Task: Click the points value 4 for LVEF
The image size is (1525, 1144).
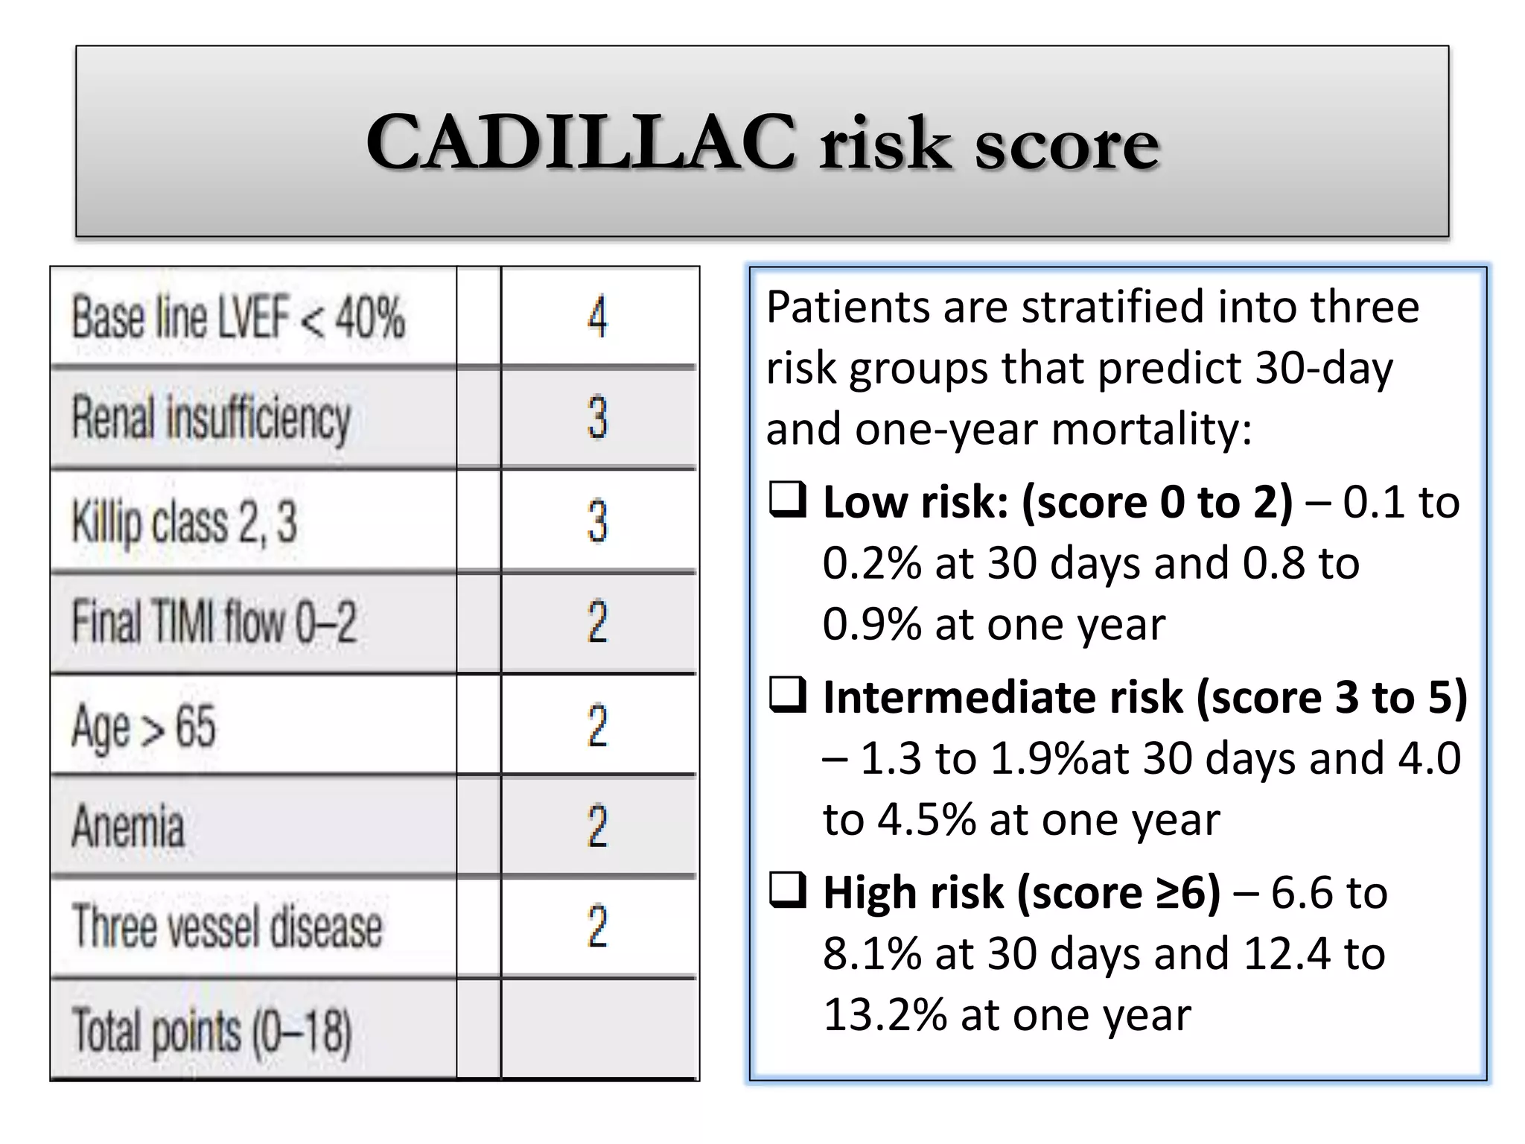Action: (597, 317)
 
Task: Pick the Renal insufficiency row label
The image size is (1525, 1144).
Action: (211, 418)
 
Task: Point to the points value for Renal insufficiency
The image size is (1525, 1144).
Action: (597, 418)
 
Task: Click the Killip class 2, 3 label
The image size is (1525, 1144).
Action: (184, 521)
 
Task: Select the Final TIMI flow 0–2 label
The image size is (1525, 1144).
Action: (214, 623)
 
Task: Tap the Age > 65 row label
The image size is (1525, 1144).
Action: (144, 726)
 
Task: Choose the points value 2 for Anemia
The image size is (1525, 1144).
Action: (597, 826)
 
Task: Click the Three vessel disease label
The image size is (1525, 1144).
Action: (226, 927)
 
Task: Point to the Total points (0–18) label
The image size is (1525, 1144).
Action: (211, 1032)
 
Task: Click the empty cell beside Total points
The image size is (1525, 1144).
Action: (599, 1029)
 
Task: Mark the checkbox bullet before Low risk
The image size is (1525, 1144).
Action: (787, 500)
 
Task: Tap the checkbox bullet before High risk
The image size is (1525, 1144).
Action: (787, 890)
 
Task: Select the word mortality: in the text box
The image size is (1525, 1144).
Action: (1152, 429)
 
